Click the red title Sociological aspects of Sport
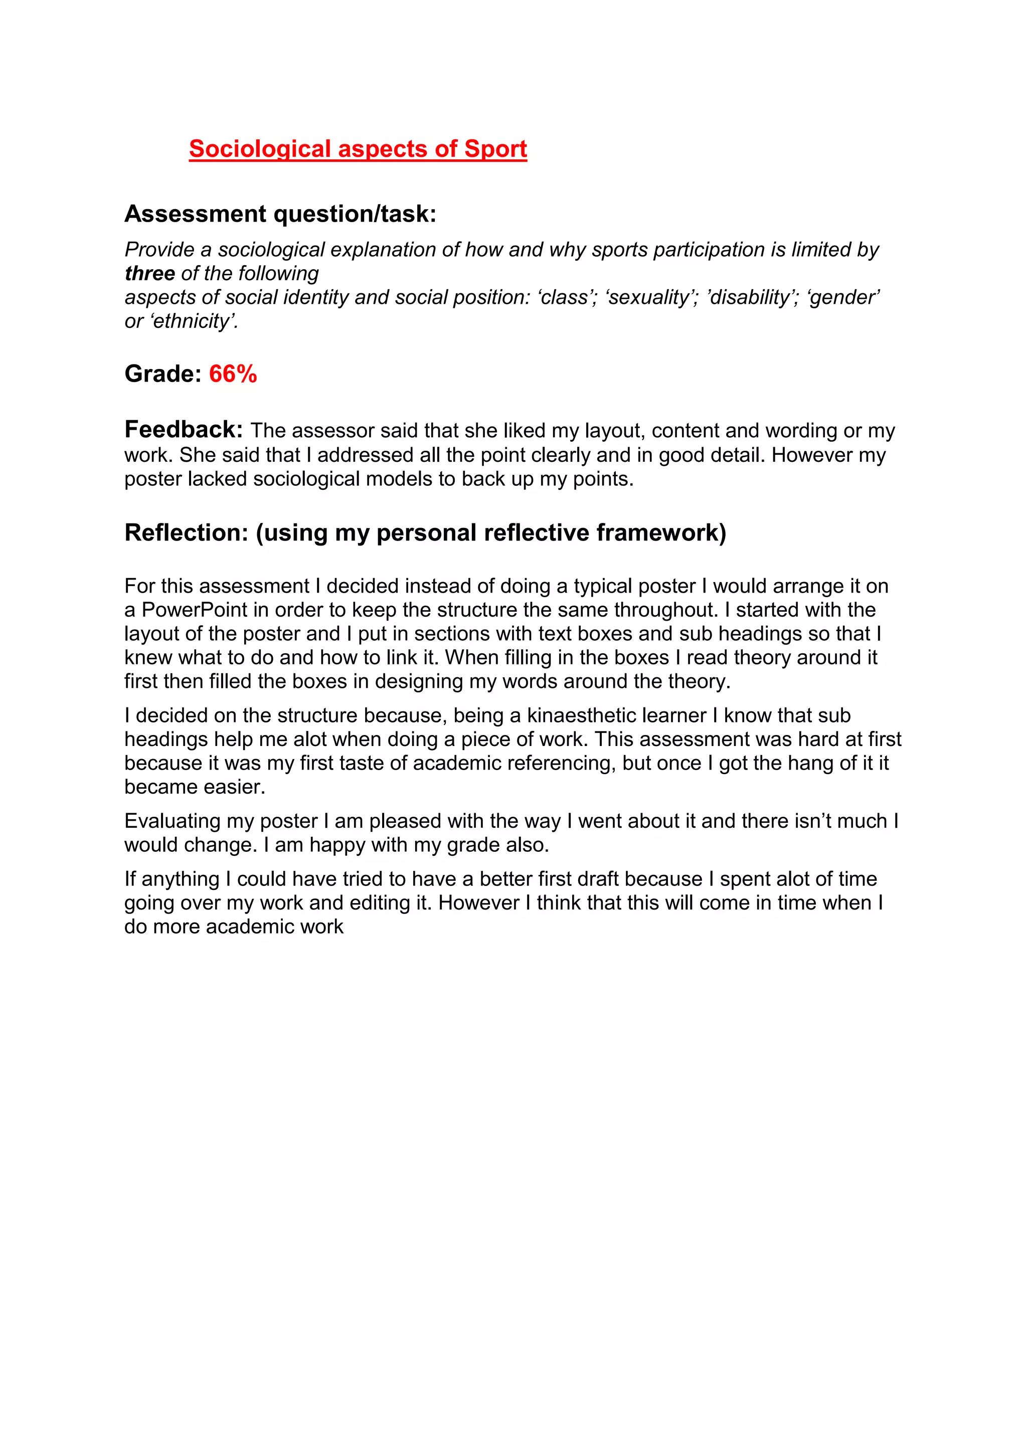pyautogui.click(x=358, y=149)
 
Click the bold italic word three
pyautogui.click(x=150, y=273)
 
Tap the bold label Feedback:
pyautogui.click(x=184, y=430)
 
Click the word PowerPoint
pyautogui.click(x=195, y=610)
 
